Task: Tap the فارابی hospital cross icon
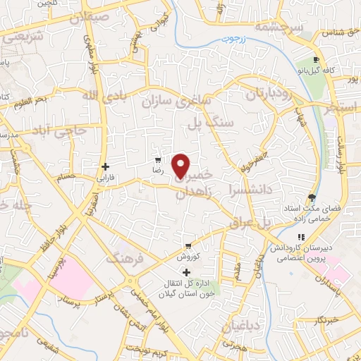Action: [105, 167]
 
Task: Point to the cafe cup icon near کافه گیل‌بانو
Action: [317, 60]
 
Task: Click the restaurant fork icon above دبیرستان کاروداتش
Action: [302, 238]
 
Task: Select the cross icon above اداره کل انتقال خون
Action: [186, 272]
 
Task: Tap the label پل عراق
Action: [250, 222]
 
